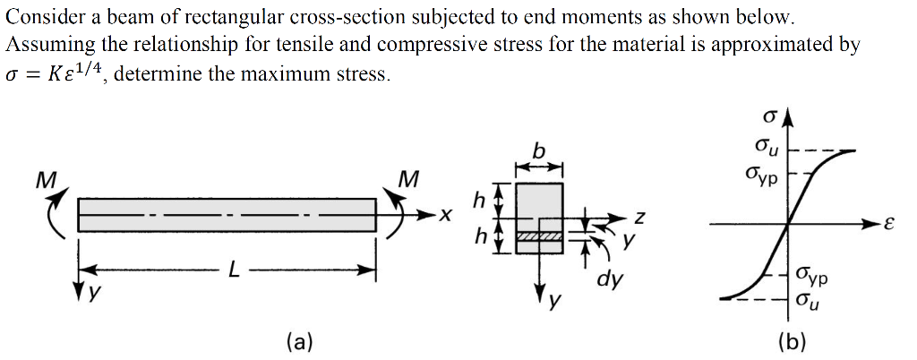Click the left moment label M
[x=40, y=179]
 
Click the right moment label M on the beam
[x=407, y=179]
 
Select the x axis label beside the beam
[x=445, y=216]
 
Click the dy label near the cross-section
[x=609, y=279]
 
